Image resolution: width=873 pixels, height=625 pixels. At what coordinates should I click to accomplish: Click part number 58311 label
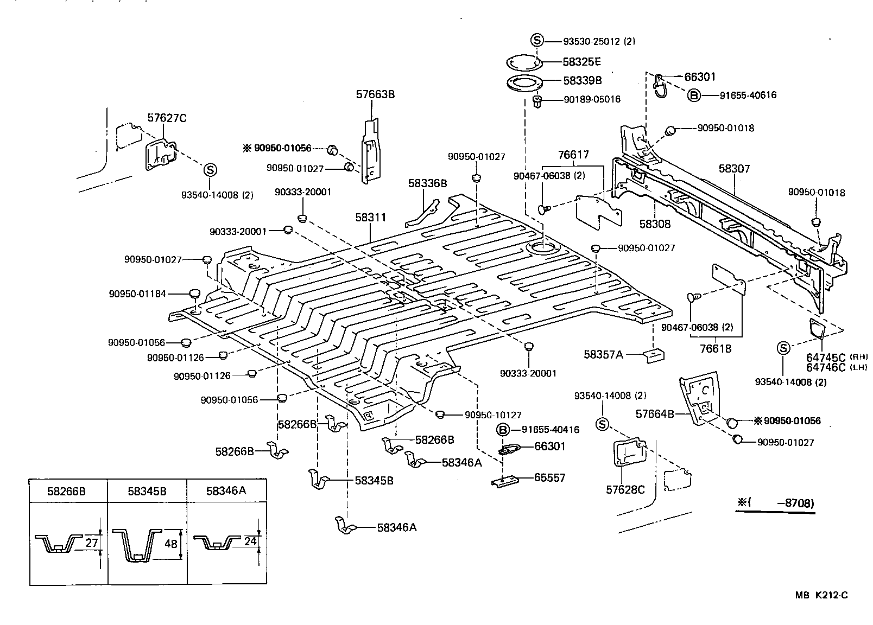[x=371, y=218]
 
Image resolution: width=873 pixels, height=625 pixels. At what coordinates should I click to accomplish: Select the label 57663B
[x=375, y=94]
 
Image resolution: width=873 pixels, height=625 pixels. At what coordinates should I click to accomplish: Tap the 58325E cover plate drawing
[x=524, y=62]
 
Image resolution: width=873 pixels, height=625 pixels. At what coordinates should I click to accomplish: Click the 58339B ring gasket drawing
[x=524, y=83]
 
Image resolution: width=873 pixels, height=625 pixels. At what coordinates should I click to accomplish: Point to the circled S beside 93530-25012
[x=536, y=40]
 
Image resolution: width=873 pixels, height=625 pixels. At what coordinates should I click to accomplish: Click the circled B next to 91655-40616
[x=694, y=95]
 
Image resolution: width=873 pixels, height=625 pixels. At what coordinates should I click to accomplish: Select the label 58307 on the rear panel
[x=734, y=169]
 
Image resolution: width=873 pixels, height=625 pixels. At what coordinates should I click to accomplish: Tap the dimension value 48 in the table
[x=170, y=543]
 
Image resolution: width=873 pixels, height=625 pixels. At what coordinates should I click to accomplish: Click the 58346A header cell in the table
[x=226, y=492]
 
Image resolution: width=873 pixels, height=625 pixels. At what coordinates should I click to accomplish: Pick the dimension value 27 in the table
[x=91, y=542]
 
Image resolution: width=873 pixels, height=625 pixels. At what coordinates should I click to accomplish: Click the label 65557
[x=549, y=478]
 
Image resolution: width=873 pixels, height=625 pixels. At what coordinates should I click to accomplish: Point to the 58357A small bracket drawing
[x=654, y=356]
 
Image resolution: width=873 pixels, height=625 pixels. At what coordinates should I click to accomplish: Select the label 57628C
[x=625, y=490]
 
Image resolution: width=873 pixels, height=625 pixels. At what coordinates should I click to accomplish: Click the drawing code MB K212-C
[x=821, y=595]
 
